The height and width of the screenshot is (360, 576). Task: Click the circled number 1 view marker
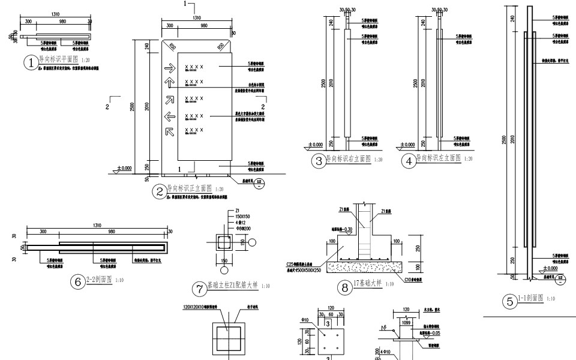[30, 62]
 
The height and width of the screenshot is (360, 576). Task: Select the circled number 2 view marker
[160, 192]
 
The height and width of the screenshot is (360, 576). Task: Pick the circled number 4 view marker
[409, 161]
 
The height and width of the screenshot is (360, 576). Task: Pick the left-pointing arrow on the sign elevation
[169, 116]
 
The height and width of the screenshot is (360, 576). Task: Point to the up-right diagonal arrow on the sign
[169, 100]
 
